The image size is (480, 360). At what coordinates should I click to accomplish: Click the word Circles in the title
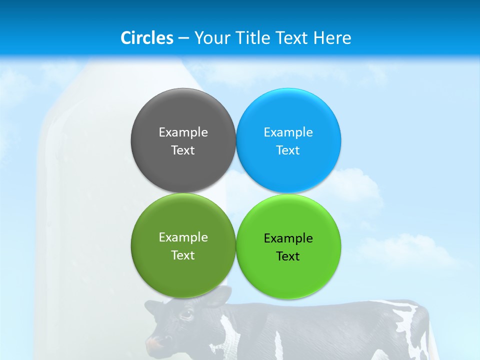click(146, 38)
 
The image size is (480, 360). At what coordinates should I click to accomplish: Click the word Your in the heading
click(212, 38)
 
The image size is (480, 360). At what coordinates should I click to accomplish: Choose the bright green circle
click(288, 277)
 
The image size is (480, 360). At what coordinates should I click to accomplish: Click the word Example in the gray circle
click(183, 132)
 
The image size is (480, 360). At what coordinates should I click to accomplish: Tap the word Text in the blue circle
click(288, 150)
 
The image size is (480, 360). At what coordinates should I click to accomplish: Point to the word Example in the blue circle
click(288, 132)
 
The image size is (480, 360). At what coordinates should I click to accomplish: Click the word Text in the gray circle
click(183, 150)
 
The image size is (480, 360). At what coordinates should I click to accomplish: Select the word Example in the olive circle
click(183, 237)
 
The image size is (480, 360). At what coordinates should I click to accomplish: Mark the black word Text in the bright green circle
click(288, 256)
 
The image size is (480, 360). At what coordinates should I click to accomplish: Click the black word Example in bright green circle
click(288, 238)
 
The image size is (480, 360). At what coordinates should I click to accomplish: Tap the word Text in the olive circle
click(183, 255)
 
